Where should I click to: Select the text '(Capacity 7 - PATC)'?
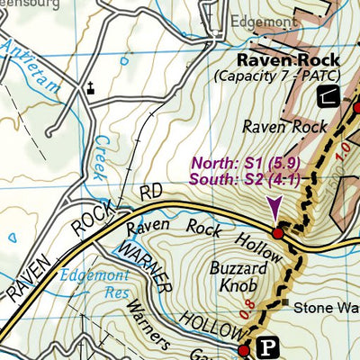(x=281, y=77)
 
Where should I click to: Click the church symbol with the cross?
(x=90, y=88)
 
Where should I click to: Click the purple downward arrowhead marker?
(x=274, y=212)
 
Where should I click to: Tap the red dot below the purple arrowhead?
(x=278, y=233)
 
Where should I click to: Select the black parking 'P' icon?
(x=266, y=346)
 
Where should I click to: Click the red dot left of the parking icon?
(x=243, y=349)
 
